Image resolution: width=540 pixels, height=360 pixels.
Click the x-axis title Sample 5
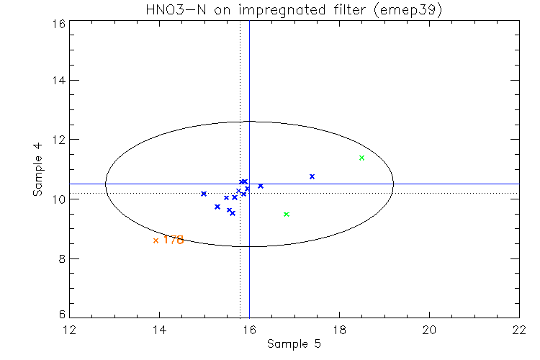pos(294,344)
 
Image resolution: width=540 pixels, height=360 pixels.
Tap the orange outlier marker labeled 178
pos(156,240)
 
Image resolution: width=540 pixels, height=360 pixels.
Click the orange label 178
pos(173,240)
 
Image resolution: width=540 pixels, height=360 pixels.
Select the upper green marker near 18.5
pos(361,158)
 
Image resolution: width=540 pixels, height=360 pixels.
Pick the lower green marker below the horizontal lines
pos(287,214)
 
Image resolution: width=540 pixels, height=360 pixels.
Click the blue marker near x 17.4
pos(312,176)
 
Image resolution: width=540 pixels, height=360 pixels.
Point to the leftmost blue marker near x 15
pos(204,194)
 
